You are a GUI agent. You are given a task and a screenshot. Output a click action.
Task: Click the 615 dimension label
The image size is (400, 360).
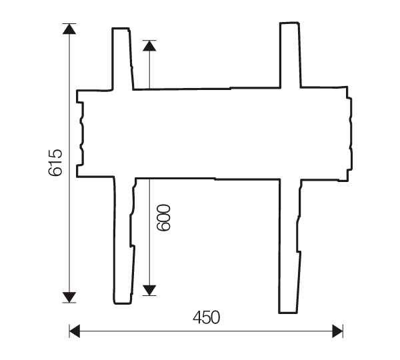[55, 163]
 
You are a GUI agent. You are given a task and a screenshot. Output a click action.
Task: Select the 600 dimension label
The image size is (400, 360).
[164, 218]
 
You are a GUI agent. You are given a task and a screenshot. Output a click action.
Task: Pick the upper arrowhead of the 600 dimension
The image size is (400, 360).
[149, 46]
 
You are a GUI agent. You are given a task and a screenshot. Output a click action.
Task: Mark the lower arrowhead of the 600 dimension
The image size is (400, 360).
[149, 289]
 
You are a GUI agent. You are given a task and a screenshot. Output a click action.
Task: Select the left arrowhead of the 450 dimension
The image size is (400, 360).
[75, 331]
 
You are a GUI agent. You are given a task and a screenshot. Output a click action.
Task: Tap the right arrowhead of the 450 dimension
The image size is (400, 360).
[337, 331]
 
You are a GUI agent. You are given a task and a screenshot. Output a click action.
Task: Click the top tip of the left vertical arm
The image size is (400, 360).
[121, 29]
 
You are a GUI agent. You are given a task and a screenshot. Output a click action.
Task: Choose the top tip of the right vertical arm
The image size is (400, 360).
[289, 23]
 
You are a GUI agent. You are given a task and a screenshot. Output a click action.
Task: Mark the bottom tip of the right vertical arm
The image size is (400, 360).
[288, 312]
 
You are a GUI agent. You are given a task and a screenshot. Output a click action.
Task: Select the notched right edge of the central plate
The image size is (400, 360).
[350, 133]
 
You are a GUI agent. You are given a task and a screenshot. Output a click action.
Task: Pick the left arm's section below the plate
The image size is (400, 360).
[124, 240]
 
